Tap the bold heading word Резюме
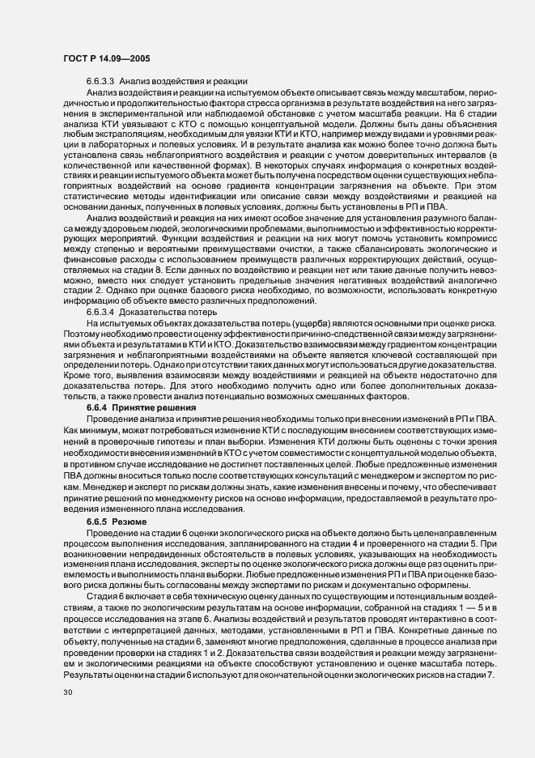[x=135, y=521]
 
